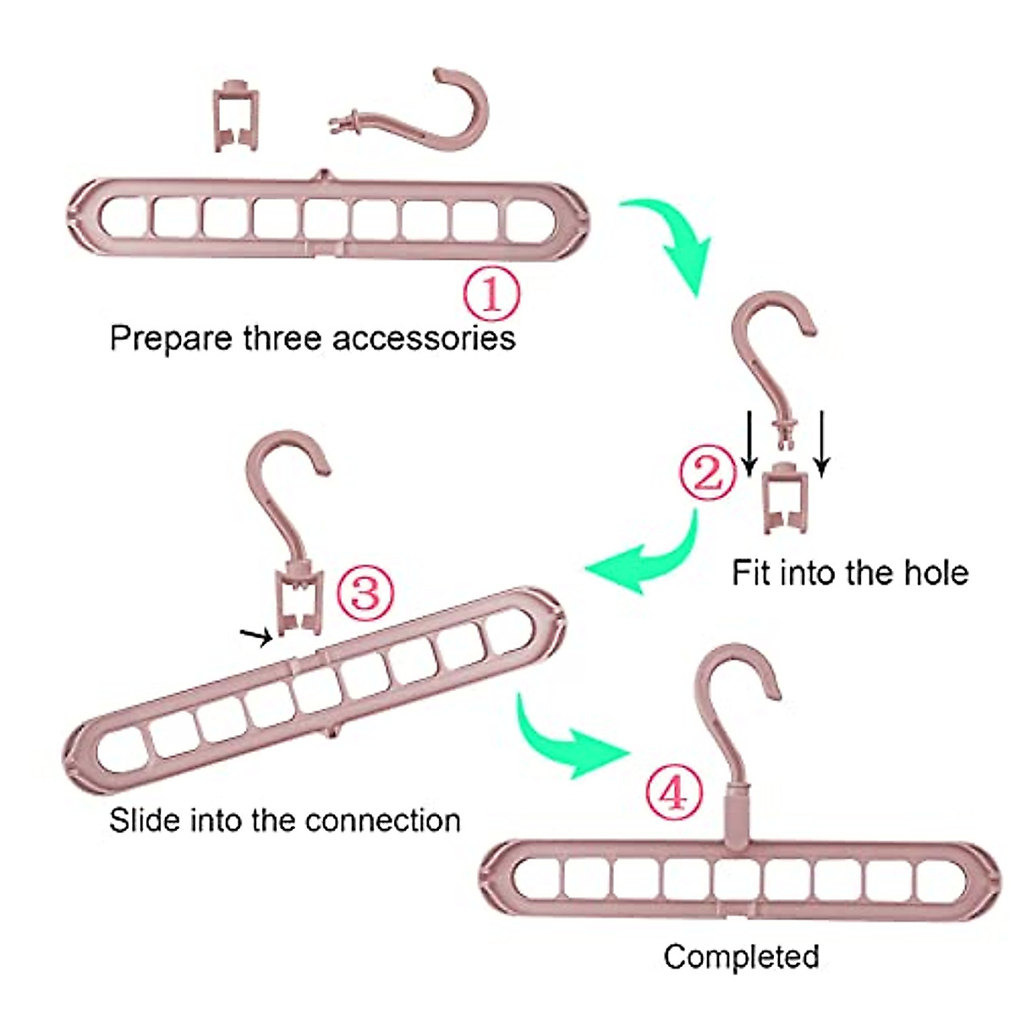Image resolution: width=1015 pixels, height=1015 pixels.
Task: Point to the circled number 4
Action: tap(674, 793)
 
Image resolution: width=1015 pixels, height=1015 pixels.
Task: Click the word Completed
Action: tap(741, 957)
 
